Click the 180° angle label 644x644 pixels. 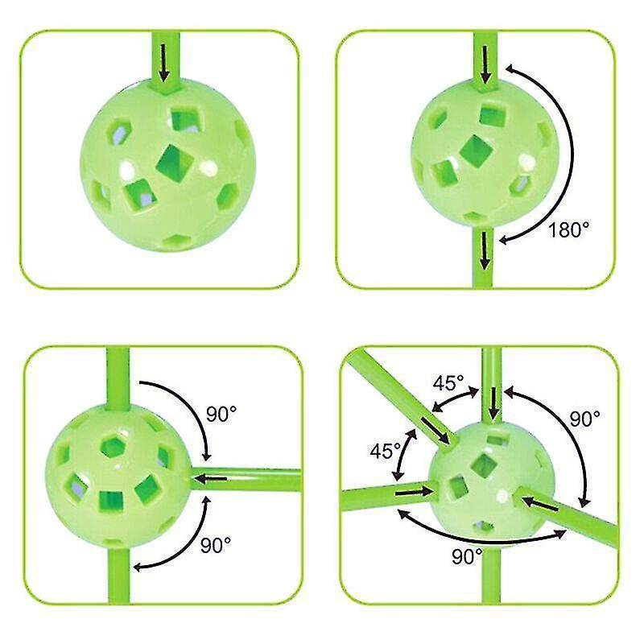click(x=568, y=229)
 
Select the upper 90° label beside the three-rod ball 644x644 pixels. click(x=221, y=414)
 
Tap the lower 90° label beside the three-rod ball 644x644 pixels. click(x=216, y=545)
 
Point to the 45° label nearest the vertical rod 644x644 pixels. click(x=448, y=383)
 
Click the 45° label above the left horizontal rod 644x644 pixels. click(x=386, y=451)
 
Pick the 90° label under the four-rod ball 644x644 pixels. click(x=468, y=556)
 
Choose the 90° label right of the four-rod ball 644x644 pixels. click(x=585, y=419)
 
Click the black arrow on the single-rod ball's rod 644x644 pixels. click(x=164, y=63)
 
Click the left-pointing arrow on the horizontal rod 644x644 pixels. click(x=209, y=478)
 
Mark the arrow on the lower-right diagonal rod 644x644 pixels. click(x=540, y=504)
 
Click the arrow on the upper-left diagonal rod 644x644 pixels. click(x=436, y=431)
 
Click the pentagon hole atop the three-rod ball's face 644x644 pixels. click(x=114, y=447)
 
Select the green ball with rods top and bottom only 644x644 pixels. click(x=486, y=153)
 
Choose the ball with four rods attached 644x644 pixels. click(x=492, y=484)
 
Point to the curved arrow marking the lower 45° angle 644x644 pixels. click(x=404, y=455)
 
